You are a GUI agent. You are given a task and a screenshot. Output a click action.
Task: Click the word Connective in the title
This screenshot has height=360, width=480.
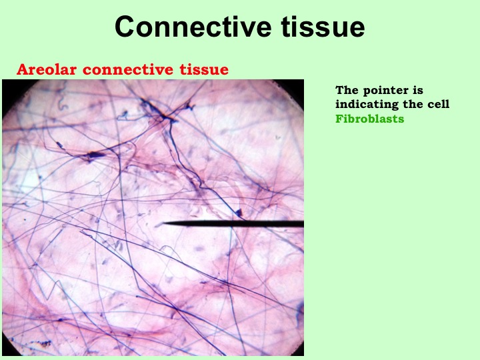tap(193, 27)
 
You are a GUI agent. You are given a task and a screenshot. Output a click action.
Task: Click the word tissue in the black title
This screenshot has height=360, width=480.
tap(323, 27)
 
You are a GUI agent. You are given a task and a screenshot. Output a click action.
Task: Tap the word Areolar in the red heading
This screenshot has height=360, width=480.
tap(47, 69)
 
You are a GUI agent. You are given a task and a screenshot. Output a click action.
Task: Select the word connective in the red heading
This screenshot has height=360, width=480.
tap(128, 69)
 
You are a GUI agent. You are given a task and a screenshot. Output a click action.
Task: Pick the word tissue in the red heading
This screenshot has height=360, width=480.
tap(204, 69)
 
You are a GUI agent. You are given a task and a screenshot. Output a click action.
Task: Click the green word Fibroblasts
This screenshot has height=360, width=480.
tap(370, 119)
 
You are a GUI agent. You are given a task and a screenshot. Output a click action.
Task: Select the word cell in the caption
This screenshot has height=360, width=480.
tap(438, 104)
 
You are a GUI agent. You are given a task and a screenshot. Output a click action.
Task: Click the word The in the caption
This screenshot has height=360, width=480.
tap(347, 90)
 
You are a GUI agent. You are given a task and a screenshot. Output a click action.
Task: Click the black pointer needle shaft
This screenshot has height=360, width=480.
tap(233, 223)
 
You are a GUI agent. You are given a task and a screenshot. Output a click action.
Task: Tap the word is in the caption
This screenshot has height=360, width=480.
tap(419, 90)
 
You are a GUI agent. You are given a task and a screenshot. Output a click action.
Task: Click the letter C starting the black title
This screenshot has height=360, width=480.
tap(125, 27)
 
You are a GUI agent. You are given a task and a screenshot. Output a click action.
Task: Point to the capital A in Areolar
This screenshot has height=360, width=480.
tap(23, 69)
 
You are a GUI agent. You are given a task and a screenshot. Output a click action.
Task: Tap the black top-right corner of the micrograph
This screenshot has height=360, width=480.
tap(303, 81)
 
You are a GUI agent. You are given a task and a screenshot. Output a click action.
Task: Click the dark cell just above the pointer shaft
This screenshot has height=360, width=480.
tap(239, 213)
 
